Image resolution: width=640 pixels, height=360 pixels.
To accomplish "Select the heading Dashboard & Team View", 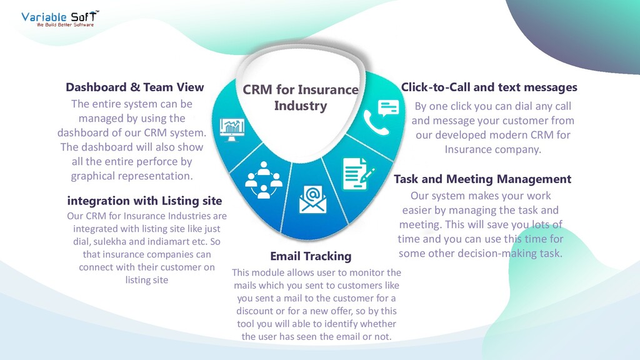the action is click(x=135, y=87).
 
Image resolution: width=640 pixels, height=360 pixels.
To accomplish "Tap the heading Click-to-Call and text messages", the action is click(x=489, y=87).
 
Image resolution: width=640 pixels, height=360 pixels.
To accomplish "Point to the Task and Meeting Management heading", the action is click(x=482, y=179).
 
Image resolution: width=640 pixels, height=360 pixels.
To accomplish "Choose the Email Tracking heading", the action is click(x=311, y=256).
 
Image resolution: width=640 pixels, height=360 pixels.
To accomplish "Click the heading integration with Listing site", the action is click(x=144, y=201).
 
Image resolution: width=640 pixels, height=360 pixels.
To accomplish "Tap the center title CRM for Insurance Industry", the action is click(x=301, y=97).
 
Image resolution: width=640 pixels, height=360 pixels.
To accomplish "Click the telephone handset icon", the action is click(x=376, y=123).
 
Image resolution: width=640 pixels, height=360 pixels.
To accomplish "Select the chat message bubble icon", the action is click(x=389, y=107).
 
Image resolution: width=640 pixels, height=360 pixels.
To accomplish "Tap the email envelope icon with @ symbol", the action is click(x=313, y=199).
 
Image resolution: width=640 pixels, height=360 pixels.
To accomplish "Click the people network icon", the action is click(x=264, y=180).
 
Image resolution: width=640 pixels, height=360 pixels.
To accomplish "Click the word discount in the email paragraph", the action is click(x=254, y=311).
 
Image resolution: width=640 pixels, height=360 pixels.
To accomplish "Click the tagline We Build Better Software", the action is click(x=66, y=25).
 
